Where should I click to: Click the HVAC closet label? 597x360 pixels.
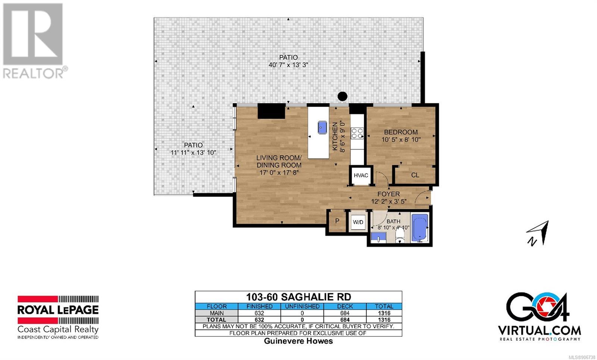point(361,175)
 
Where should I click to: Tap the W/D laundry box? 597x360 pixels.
point(358,222)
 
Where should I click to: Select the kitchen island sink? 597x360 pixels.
point(322,127)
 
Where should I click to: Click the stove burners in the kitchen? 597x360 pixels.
point(357,133)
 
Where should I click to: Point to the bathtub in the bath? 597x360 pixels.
point(420,228)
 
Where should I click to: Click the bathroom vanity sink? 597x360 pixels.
point(378,237)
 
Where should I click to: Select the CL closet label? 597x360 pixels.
point(415,175)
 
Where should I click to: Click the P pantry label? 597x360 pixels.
point(337,221)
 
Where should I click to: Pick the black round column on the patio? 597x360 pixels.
point(343,96)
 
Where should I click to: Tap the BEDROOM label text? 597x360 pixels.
point(401,132)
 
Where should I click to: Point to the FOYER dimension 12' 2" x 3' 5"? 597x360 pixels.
point(389,201)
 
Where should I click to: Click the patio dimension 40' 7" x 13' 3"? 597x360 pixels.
point(288,65)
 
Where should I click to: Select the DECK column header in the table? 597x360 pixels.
point(345,306)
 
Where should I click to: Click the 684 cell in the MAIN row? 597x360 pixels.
point(345,313)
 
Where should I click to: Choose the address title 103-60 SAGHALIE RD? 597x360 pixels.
point(298,297)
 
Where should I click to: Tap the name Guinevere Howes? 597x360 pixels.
point(298,341)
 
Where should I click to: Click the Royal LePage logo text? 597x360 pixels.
point(58,310)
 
